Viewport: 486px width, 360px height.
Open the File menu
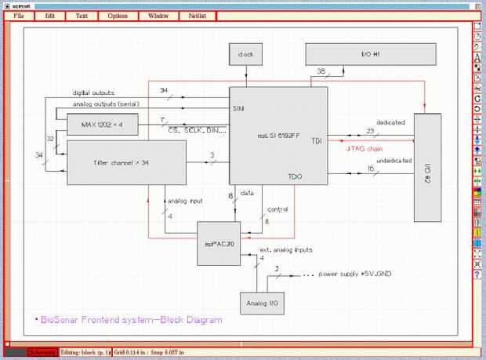(19, 16)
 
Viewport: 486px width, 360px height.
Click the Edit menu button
(50, 16)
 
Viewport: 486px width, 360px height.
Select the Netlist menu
(196, 16)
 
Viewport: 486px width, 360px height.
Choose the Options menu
(118, 16)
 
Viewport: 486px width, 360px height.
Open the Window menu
(158, 16)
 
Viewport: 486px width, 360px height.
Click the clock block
(245, 55)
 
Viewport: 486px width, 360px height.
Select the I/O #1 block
(370, 55)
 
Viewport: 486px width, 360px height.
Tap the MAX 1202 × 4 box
(103, 124)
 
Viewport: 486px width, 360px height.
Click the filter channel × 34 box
(125, 162)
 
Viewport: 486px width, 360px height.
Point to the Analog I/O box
(261, 302)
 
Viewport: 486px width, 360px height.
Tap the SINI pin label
(238, 107)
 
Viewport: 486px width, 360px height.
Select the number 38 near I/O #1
(321, 72)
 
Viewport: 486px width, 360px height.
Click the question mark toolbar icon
(477, 275)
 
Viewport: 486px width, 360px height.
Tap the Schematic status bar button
(42, 352)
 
